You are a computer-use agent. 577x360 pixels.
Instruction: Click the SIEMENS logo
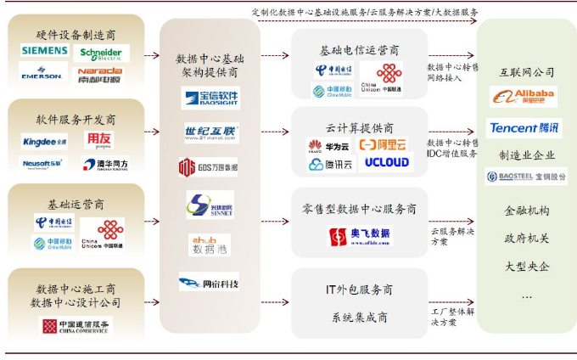(x=44, y=52)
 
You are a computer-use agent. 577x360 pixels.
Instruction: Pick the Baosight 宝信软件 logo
(x=210, y=98)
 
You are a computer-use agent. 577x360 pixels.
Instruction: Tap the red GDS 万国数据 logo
(x=209, y=166)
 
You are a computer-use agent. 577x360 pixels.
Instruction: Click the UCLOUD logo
(x=386, y=162)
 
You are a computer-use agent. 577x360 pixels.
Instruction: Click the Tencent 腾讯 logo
(x=524, y=128)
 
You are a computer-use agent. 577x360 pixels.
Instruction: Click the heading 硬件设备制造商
(x=76, y=35)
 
